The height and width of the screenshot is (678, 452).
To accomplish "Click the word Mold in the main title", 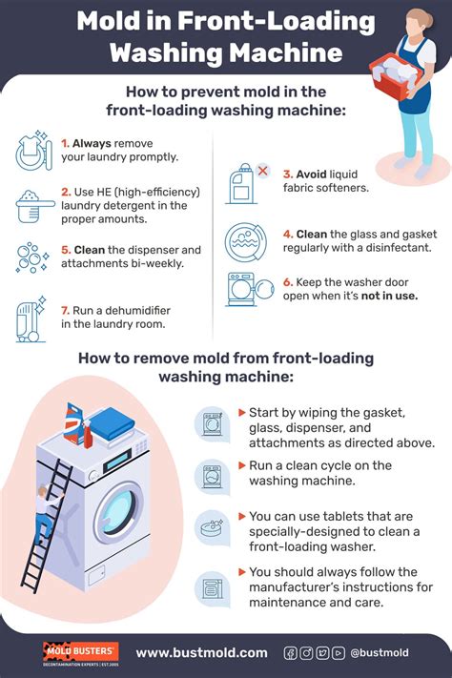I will click(108, 20).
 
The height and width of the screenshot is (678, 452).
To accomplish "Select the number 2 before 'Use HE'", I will click(65, 192).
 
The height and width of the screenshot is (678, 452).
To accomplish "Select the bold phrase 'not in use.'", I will click(388, 296).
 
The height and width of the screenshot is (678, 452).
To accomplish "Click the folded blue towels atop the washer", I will click(111, 421).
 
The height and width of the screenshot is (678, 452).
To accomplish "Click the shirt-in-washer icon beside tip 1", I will click(33, 151).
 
